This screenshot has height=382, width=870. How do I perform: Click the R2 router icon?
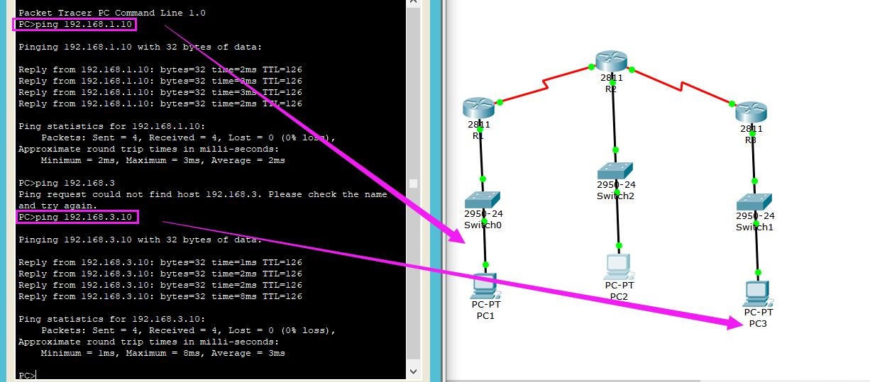click(x=611, y=62)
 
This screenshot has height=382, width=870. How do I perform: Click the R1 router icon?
click(x=478, y=108)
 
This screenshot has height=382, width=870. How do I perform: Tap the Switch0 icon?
click(x=483, y=199)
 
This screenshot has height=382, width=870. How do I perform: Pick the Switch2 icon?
click(x=615, y=171)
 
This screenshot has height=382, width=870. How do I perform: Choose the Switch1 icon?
click(x=754, y=202)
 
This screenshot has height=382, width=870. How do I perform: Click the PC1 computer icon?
click(x=485, y=286)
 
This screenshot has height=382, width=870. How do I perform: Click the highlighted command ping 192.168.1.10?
click(x=75, y=25)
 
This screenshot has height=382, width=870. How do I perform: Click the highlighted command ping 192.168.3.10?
click(x=77, y=217)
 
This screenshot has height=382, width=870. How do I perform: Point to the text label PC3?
click(x=758, y=324)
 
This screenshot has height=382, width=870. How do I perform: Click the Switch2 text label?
click(x=615, y=196)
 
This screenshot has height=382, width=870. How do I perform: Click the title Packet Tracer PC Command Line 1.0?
click(x=111, y=13)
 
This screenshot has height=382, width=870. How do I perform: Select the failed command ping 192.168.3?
click(x=67, y=183)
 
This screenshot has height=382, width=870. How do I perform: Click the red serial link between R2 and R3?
click(x=682, y=86)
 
